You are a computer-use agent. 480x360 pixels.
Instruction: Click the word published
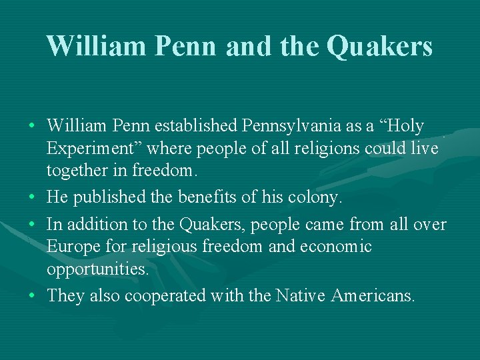click(113, 198)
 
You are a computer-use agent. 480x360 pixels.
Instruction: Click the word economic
click(336, 247)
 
